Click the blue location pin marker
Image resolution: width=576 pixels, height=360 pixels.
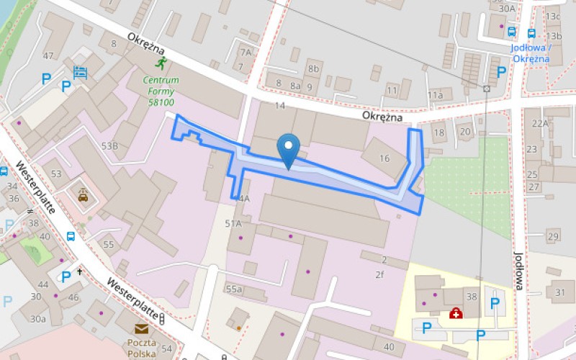pos(289,148)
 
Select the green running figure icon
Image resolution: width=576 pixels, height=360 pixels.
pos(161,63)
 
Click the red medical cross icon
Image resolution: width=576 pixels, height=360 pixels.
pos(455,312)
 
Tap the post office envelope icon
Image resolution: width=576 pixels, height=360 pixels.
pos(141,329)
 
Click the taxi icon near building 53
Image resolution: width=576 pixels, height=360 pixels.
pos(84,195)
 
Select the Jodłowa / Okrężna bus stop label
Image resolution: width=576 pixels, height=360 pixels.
pos(530,53)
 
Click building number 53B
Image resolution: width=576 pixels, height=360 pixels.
pos(109,146)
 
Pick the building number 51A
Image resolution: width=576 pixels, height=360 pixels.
pos(233,224)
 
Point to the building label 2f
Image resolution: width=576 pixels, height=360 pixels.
pos(379,274)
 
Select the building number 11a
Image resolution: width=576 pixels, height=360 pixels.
pos(435,94)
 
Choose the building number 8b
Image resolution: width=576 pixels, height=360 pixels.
pos(313,69)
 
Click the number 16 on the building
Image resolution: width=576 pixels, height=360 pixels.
pos(384,158)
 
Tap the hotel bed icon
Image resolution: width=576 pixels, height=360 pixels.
pos(80,72)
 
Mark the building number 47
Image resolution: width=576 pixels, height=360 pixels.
pos(48,55)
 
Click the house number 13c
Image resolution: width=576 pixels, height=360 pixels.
pos(553,16)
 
